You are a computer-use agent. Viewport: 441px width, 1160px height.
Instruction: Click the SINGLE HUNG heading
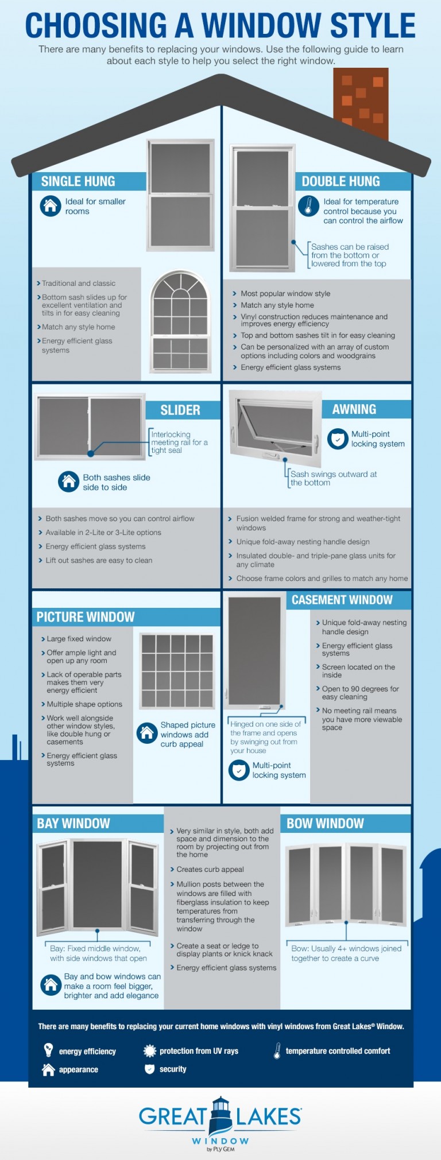(78, 181)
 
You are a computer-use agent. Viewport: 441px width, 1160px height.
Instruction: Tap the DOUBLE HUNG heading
(341, 181)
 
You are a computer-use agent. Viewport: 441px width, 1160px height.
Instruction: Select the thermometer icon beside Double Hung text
(308, 205)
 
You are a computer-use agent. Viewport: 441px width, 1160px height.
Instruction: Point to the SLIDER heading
(180, 410)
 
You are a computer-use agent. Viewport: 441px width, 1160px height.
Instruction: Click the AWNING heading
(354, 409)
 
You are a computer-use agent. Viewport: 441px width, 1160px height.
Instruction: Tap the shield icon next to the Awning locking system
(338, 439)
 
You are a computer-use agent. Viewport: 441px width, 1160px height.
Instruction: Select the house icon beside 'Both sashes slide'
(68, 481)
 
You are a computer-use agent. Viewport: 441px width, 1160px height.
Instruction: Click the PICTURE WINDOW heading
(86, 617)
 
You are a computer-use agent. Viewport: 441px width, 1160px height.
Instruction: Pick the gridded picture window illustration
(177, 670)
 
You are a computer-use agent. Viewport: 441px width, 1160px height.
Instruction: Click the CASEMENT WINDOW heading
(342, 600)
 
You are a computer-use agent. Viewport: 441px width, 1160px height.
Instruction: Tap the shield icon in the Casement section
(238, 770)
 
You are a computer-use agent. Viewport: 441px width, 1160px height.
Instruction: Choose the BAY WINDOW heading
(73, 823)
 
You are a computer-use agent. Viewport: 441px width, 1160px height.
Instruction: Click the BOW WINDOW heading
(325, 823)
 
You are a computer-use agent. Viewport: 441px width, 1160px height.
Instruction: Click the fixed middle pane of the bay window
(98, 884)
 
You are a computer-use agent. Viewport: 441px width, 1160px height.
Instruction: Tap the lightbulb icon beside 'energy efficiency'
(49, 1050)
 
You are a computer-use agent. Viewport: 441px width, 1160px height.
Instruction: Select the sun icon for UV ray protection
(149, 1050)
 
